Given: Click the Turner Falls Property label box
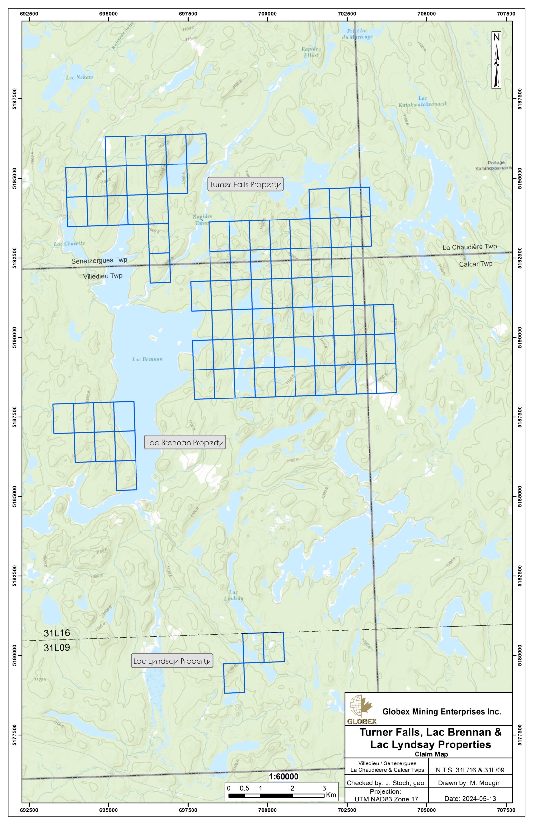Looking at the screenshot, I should [x=245, y=184].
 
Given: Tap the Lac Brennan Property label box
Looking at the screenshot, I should [x=185, y=442].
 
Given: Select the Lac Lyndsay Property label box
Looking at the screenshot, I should [x=172, y=661].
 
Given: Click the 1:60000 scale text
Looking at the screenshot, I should [x=284, y=776].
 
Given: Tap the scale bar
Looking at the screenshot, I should [x=276, y=796].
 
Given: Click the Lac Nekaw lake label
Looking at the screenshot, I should [x=79, y=77].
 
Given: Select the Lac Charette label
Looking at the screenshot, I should [x=69, y=243].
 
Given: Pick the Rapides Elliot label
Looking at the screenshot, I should [x=311, y=52].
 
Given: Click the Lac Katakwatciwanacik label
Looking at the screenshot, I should [x=423, y=101].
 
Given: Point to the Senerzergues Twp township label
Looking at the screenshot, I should [x=99, y=260].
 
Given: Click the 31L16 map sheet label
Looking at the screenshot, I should [x=57, y=633].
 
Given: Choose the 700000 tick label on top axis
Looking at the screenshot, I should [x=267, y=14].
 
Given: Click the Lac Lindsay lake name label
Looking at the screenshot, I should [x=234, y=595].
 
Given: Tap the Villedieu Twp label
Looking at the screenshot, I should [x=103, y=276].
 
